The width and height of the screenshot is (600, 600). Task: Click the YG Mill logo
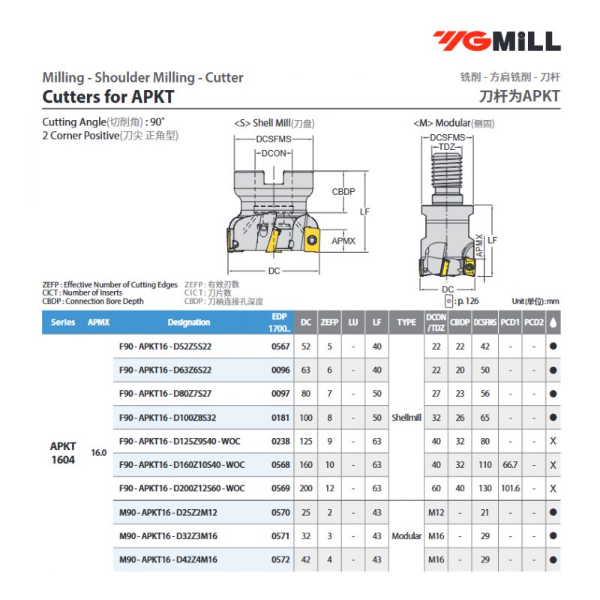[497, 41]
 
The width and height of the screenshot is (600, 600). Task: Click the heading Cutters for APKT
[108, 97]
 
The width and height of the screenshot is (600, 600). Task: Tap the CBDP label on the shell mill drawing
[343, 191]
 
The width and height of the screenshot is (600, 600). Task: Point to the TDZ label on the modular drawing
[447, 147]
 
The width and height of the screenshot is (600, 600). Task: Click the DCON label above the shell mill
[274, 153]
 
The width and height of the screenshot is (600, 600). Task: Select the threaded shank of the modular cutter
[447, 178]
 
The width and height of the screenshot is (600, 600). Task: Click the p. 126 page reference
[468, 301]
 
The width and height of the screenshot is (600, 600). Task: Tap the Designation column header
[189, 322]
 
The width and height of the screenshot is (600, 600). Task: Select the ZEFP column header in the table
[329, 322]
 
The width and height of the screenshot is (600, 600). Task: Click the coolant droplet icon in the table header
[553, 322]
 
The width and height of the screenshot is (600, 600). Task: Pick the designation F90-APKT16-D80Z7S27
[165, 393]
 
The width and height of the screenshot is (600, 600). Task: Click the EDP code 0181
[280, 418]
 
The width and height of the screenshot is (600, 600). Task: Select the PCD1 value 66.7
[510, 464]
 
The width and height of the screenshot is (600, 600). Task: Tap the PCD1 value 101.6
[511, 488]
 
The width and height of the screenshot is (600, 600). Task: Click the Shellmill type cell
[406, 418]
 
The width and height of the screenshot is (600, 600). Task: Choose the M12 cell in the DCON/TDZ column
[436, 512]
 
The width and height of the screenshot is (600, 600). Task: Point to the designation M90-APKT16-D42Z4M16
[168, 559]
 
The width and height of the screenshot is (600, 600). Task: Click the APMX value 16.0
[99, 453]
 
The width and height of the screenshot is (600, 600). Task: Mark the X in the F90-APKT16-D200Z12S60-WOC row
[553, 488]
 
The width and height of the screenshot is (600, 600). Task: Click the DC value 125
[306, 441]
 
